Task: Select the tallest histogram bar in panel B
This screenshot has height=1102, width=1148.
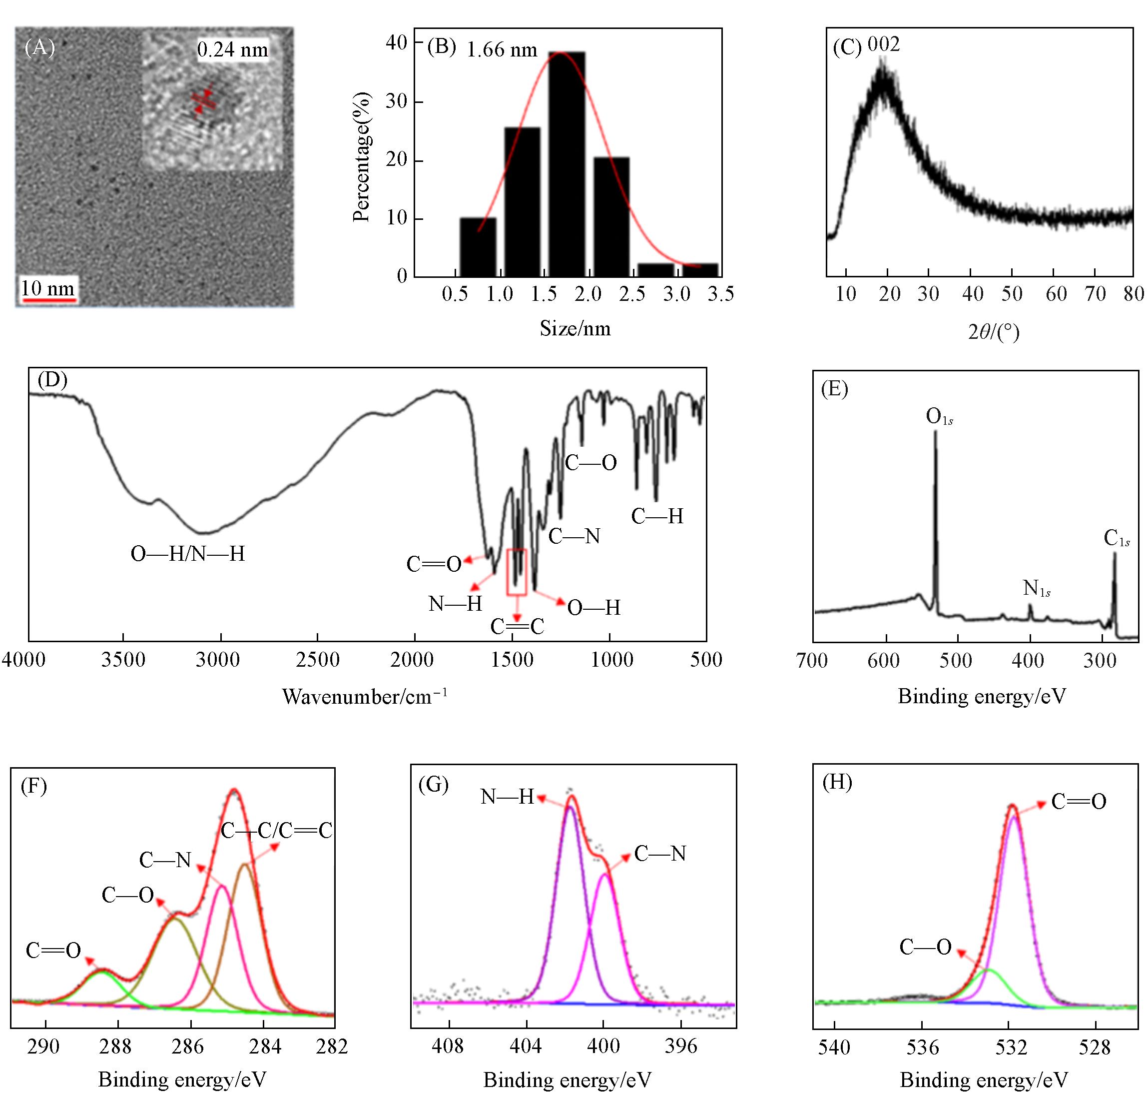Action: pyautogui.click(x=567, y=164)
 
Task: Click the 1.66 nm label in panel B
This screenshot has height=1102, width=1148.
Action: pyautogui.click(x=502, y=50)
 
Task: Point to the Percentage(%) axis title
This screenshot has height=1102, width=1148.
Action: pyautogui.click(x=362, y=157)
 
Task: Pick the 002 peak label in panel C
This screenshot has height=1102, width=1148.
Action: pyautogui.click(x=883, y=45)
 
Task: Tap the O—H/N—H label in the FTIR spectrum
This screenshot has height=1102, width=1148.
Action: pyautogui.click(x=187, y=554)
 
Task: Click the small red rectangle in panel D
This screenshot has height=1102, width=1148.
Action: pyautogui.click(x=517, y=572)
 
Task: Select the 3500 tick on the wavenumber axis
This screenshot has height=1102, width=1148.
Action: pyautogui.click(x=123, y=660)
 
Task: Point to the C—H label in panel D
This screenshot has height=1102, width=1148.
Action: pyautogui.click(x=657, y=516)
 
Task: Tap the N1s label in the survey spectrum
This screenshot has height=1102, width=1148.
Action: pyautogui.click(x=1036, y=588)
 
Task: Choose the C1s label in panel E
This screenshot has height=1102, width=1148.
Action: pyautogui.click(x=1117, y=538)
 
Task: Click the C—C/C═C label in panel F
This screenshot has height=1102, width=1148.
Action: pyautogui.click(x=276, y=830)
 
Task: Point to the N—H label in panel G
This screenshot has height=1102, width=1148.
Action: pyautogui.click(x=507, y=797)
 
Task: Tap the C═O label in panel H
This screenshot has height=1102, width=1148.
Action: pyautogui.click(x=1078, y=802)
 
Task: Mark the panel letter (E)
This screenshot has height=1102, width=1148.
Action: pyautogui.click(x=835, y=389)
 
